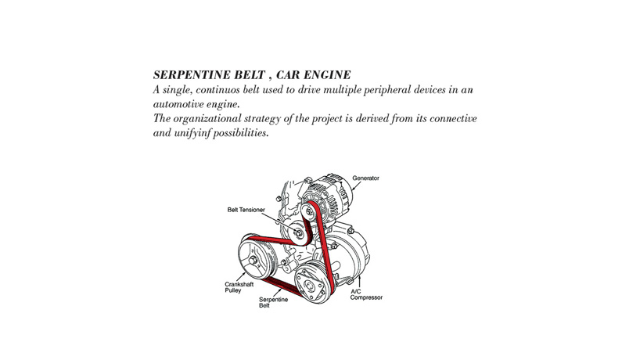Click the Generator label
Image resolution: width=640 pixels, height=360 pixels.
pyautogui.click(x=365, y=178)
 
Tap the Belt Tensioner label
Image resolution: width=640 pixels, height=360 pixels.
pyautogui.click(x=246, y=210)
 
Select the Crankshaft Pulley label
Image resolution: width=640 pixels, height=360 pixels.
pyautogui.click(x=239, y=287)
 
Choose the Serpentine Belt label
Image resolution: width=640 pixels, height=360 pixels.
pyautogui.click(x=273, y=302)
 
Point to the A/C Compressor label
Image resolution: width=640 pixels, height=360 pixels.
pyautogui.click(x=365, y=295)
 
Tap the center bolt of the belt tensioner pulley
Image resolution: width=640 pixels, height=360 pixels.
pyautogui.click(x=299, y=233)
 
